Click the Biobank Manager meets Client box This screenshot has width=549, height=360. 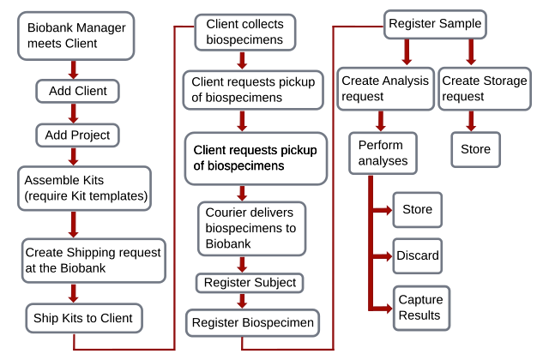pyautogui.click(x=75, y=36)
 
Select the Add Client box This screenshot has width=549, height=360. pyautogui.click(x=76, y=90)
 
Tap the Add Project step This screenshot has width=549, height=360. pyautogui.click(x=76, y=135)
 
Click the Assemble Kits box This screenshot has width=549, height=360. pyautogui.click(x=84, y=189)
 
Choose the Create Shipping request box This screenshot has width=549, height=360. pyautogui.click(x=93, y=260)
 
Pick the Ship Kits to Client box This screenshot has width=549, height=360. pyautogui.click(x=83, y=318)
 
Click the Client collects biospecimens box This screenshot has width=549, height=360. pyautogui.click(x=244, y=32)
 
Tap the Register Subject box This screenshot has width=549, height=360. pyautogui.click(x=250, y=282)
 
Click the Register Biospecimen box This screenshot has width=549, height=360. pyautogui.click(x=253, y=323)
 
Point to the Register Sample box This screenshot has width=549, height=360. pyautogui.click(x=435, y=23)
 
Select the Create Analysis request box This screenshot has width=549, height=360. pyautogui.click(x=385, y=88)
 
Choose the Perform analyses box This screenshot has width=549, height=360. pyautogui.click(x=383, y=153)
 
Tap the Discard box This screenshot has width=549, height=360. pyautogui.click(x=417, y=255)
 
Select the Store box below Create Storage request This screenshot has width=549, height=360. pyautogui.click(x=475, y=149)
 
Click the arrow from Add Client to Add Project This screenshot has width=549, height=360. pyautogui.click(x=74, y=112)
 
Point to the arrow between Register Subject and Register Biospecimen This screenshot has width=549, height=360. pyautogui.click(x=244, y=301)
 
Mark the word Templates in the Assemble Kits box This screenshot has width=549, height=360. pyautogui.click(x=120, y=196)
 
